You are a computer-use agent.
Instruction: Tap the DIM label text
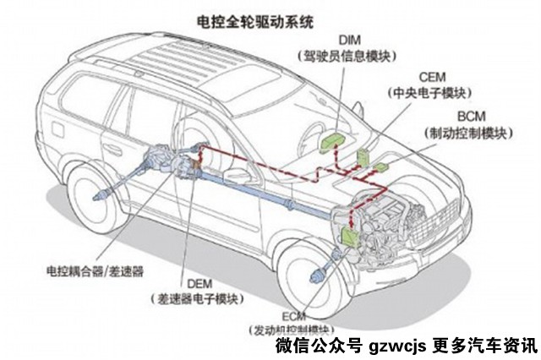coord(350,40)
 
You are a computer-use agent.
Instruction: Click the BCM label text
coord(468,116)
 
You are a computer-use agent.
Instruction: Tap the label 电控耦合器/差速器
coord(95,272)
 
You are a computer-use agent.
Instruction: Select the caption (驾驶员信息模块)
coord(350,55)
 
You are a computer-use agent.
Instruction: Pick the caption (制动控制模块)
coord(468,132)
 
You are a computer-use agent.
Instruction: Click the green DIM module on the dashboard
coord(334,138)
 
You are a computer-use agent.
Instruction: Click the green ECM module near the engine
coord(348,239)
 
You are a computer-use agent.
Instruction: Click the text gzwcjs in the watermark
coord(397,346)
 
